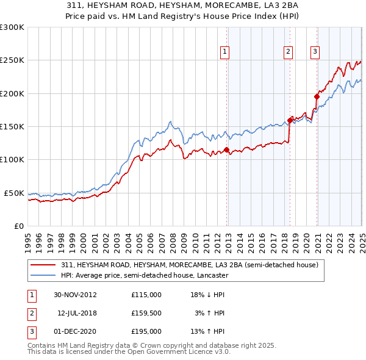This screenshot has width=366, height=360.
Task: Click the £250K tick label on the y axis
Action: click(12, 60)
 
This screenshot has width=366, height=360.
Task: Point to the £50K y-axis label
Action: click(14, 193)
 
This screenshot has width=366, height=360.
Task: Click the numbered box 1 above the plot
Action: click(225, 52)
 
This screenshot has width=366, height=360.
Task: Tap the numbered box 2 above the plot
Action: click(287, 52)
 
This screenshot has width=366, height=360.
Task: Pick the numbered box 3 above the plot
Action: click(315, 52)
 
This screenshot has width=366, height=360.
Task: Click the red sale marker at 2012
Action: click(227, 149)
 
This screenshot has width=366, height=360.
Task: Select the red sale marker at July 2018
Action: click(290, 120)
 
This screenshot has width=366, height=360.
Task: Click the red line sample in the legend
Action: click(43, 265)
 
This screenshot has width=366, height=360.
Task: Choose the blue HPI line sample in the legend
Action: click(43, 275)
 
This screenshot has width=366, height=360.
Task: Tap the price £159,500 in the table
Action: click(146, 313)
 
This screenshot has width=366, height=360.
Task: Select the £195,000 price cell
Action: click(146, 331)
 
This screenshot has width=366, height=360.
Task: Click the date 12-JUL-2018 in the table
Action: click(76, 313)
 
